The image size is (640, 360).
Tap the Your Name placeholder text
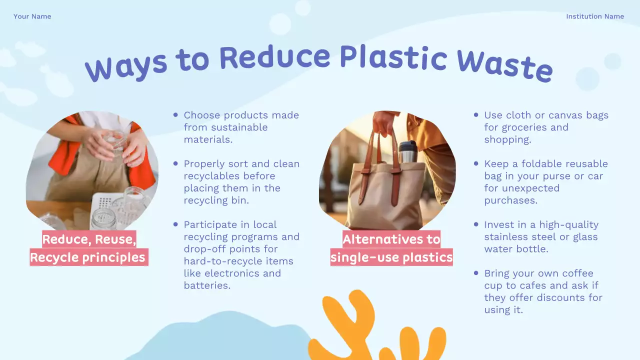pos(32,16)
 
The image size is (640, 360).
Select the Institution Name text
pos(594,16)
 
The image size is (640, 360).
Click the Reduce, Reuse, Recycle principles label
pos(88,248)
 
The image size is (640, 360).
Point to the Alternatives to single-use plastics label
pos(391,248)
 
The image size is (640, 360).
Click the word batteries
pos(206,285)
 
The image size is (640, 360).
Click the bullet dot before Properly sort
pos(175,163)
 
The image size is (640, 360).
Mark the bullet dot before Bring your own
pos(476,273)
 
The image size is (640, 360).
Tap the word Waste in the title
pos(504,65)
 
